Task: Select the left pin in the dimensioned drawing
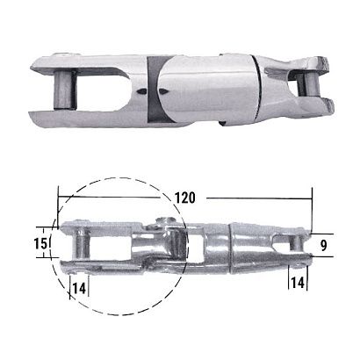[77, 245]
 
